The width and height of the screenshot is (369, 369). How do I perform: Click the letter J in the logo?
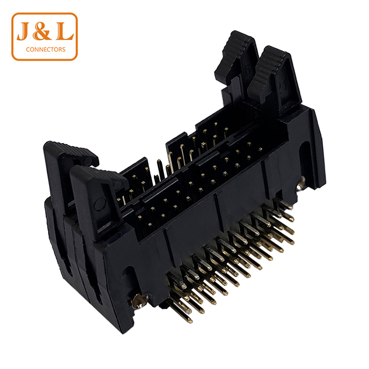coord(24,31)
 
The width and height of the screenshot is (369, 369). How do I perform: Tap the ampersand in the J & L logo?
coord(42,31)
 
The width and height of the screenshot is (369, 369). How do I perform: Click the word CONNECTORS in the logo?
coord(46,50)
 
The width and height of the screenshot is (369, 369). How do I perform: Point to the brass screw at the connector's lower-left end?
coord(139,301)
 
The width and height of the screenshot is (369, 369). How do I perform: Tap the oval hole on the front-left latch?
coord(100,204)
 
